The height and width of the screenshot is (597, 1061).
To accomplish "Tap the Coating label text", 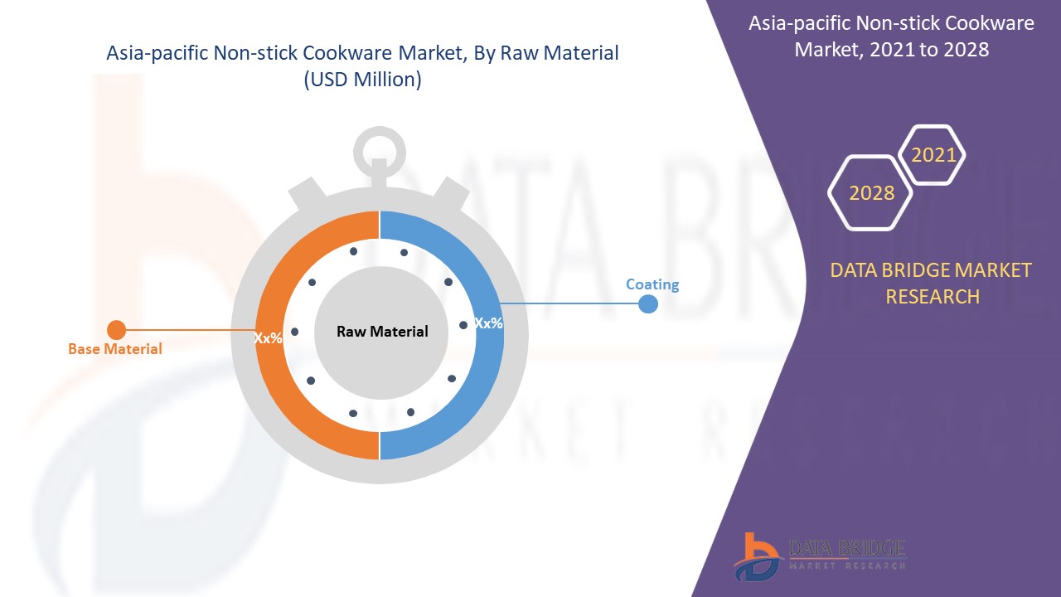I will [x=652, y=284].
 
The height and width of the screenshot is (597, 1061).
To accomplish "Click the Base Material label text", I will [x=115, y=349].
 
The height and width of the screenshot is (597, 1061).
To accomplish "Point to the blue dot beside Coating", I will [x=648, y=304].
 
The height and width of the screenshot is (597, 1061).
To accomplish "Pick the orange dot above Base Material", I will [x=117, y=330].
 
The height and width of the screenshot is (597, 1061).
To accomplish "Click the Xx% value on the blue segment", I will [x=488, y=323].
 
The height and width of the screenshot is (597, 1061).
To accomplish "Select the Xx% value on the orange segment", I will [x=268, y=337].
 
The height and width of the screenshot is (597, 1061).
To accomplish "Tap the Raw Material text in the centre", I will [x=382, y=332].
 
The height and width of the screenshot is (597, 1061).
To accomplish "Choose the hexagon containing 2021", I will [x=933, y=155].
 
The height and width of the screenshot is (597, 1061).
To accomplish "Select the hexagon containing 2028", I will [x=871, y=192].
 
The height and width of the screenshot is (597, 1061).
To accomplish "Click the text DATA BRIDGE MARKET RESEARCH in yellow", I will [x=932, y=283].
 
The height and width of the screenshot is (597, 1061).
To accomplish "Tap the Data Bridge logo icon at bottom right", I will [x=757, y=556].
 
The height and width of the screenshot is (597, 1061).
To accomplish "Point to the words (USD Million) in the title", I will [x=362, y=80].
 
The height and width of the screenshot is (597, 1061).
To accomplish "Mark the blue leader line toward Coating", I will [x=572, y=303].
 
